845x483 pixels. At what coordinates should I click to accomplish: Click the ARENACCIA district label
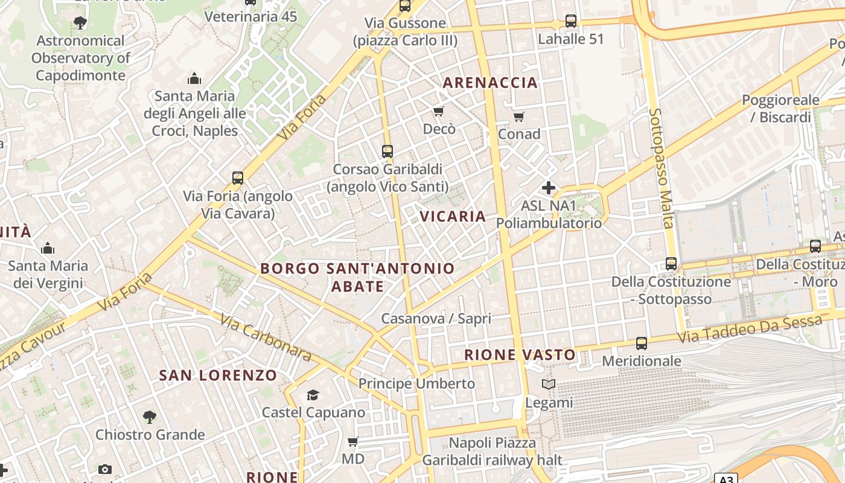click(490, 83)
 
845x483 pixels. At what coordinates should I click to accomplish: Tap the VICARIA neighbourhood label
click(453, 216)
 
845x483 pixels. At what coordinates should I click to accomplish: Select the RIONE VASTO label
click(520, 354)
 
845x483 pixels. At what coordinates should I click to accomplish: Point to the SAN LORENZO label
click(218, 375)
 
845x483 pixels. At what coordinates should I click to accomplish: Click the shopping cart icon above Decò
click(439, 112)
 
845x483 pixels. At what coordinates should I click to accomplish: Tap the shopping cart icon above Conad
click(518, 117)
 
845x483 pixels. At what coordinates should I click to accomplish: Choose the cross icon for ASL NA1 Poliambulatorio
click(549, 188)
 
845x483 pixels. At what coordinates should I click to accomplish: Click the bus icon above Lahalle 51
click(570, 22)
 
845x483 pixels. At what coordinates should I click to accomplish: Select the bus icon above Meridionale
click(641, 344)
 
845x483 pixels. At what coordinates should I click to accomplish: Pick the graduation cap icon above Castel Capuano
click(313, 395)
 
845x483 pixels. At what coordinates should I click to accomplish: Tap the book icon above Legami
click(549, 385)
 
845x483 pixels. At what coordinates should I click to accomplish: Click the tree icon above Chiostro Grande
click(150, 417)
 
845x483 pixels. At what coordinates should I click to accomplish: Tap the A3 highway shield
click(727, 479)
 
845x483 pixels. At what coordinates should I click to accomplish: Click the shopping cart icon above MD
click(353, 441)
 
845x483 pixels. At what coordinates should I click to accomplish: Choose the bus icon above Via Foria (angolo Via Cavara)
click(238, 178)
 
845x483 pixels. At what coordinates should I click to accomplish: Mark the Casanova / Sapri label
click(436, 318)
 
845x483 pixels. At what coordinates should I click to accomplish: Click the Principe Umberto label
click(416, 383)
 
